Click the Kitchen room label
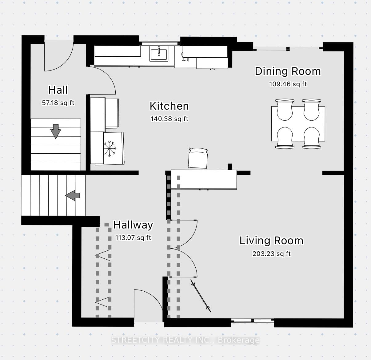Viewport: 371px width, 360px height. point(169,106)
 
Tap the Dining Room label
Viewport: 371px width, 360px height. point(288,71)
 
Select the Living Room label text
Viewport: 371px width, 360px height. point(271,241)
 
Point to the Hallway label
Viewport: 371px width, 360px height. point(133,225)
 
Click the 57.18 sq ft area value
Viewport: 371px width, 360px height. point(58,103)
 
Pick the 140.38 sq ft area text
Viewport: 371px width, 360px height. point(169,119)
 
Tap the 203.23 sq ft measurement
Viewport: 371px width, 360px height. point(271,254)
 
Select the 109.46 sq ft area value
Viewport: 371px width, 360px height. point(288,84)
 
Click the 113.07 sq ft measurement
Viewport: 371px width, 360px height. point(133,238)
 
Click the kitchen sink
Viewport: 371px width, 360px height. point(159,54)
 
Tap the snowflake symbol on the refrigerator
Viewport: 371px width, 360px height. point(110,148)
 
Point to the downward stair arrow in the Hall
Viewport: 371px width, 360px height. point(56,131)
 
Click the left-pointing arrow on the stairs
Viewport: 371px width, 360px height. point(73,195)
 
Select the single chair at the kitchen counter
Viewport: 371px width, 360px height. point(198,158)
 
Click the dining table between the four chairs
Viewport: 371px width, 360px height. point(298,124)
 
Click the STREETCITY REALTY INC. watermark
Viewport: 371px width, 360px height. point(185,340)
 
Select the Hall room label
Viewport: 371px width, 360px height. point(58,90)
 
